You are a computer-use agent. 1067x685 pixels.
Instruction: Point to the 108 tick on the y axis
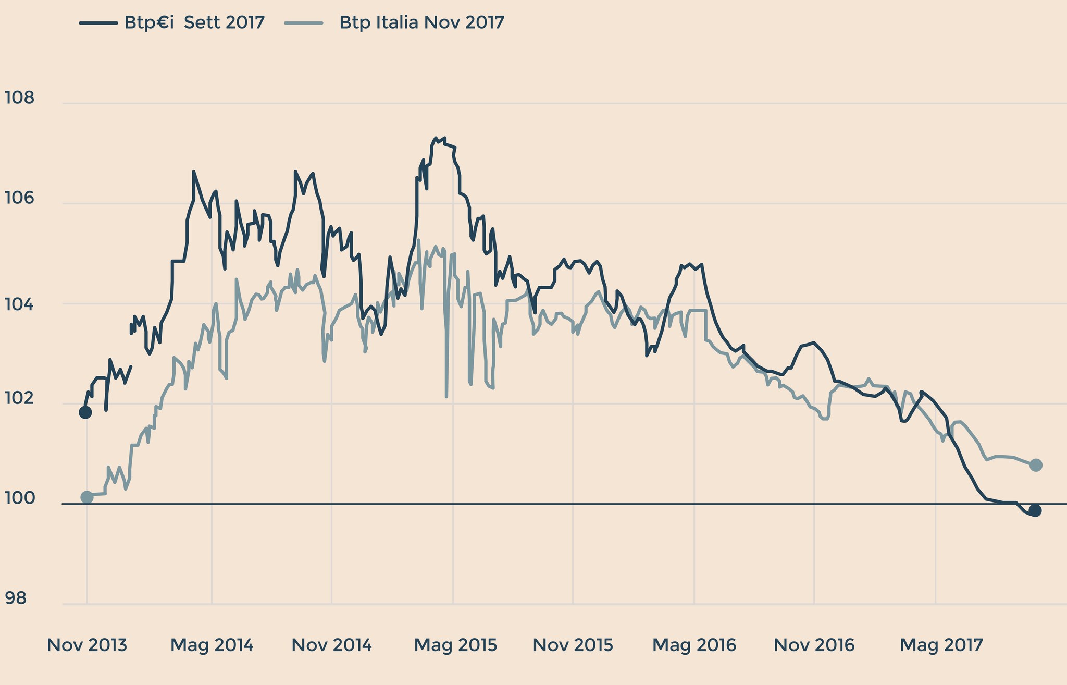(19, 97)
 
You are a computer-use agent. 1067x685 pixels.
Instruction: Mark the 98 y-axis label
(16, 599)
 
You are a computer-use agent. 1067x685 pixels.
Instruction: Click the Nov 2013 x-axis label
(87, 645)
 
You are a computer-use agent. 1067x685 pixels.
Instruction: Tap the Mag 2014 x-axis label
(212, 645)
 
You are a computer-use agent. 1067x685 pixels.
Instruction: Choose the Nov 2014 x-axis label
(331, 645)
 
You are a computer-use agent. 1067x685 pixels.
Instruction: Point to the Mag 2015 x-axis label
(455, 645)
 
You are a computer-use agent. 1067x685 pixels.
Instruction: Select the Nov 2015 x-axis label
(573, 645)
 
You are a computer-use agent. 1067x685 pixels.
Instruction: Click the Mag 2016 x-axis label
(694, 645)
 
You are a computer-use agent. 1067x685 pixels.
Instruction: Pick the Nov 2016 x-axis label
(814, 645)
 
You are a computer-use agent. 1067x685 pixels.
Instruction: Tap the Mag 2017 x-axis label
(941, 645)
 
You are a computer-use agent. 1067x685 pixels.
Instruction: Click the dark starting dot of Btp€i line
(85, 412)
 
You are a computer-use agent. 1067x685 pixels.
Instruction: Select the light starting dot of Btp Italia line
(87, 497)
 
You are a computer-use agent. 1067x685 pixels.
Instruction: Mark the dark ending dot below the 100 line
(1035, 510)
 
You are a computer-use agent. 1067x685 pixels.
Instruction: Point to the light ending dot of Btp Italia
(1036, 465)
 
